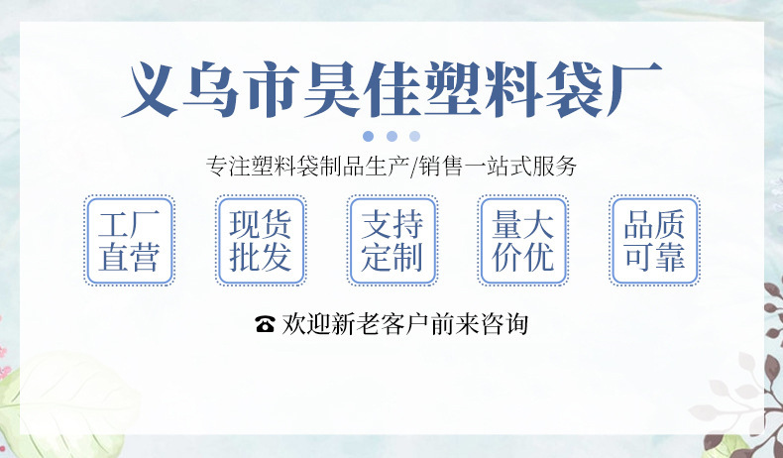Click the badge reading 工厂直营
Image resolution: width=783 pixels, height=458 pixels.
[x=129, y=241]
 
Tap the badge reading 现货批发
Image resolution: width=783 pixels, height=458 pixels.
[x=261, y=241]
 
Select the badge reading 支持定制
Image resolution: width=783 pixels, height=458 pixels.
[x=392, y=241]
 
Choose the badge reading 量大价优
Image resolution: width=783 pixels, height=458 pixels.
[x=523, y=241]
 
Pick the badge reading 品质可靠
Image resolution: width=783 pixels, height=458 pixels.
[x=654, y=241]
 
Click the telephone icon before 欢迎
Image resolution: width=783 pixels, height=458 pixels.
[x=265, y=324]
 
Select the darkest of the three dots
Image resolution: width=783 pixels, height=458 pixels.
[x=369, y=136]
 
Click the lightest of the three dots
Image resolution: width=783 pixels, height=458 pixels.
[x=415, y=136]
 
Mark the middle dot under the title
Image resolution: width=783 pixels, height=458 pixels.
[x=391, y=136]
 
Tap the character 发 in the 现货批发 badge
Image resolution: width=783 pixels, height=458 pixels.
[x=277, y=258]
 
